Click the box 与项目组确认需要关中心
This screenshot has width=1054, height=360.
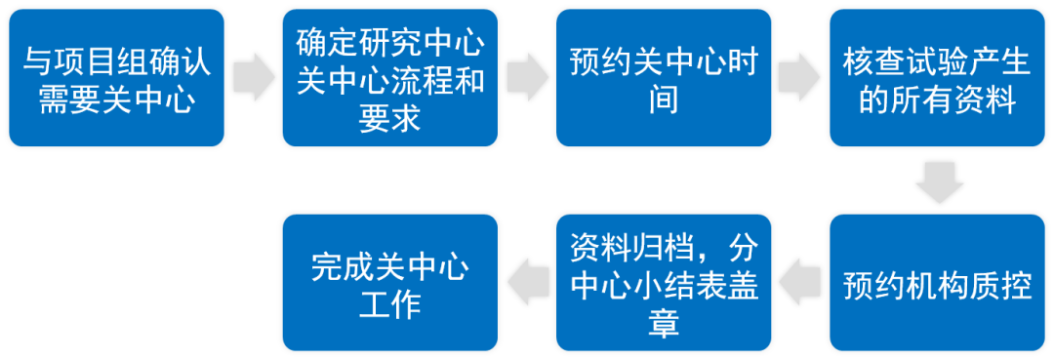tap(117, 79)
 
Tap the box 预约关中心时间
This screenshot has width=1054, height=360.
tap(664, 79)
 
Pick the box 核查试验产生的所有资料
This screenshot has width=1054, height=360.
tap(937, 79)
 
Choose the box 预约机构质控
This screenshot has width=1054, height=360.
tap(937, 283)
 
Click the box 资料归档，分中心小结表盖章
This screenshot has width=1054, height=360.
tap(664, 283)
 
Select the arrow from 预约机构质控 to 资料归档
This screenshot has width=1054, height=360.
tap(800, 283)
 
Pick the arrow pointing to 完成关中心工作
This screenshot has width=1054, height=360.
tap(527, 283)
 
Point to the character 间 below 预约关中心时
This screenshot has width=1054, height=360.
tap(664, 100)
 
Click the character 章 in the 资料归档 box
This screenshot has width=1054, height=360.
tap(664, 324)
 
